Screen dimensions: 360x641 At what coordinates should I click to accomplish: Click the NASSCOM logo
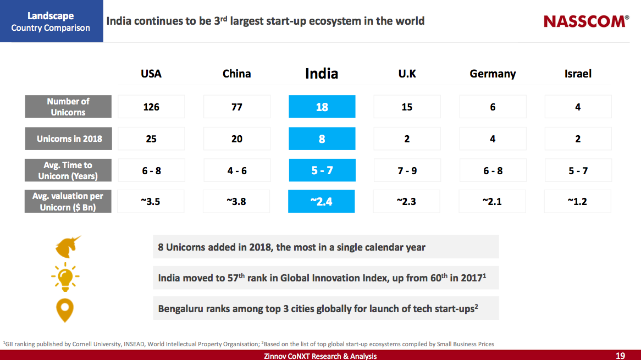click(586, 21)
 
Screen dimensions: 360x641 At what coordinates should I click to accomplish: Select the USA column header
click(151, 74)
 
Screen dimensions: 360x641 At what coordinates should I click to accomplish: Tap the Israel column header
click(578, 74)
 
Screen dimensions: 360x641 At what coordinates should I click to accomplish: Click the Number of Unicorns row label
click(68, 107)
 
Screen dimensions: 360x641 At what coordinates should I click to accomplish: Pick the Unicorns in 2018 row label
click(68, 139)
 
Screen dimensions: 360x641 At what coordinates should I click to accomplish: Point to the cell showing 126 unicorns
click(151, 107)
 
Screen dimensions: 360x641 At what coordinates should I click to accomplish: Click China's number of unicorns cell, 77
click(237, 107)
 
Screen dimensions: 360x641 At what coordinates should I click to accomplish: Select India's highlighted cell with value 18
click(322, 107)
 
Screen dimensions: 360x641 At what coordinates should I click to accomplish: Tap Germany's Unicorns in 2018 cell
click(493, 139)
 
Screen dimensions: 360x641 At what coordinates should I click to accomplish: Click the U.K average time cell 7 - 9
click(407, 170)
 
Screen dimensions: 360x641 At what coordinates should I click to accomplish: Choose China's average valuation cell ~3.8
click(236, 201)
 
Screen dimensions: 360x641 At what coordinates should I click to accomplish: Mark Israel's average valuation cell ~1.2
click(577, 201)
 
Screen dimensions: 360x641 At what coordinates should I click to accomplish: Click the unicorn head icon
click(68, 247)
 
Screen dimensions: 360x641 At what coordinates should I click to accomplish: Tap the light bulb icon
click(65, 278)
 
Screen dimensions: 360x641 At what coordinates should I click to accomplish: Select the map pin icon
click(65, 309)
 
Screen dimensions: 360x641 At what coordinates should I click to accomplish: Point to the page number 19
click(620, 356)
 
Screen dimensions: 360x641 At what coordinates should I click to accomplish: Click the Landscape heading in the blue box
click(51, 16)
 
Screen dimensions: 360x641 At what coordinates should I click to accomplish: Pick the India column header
click(322, 74)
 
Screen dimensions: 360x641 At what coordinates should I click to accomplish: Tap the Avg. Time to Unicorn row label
click(68, 170)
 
